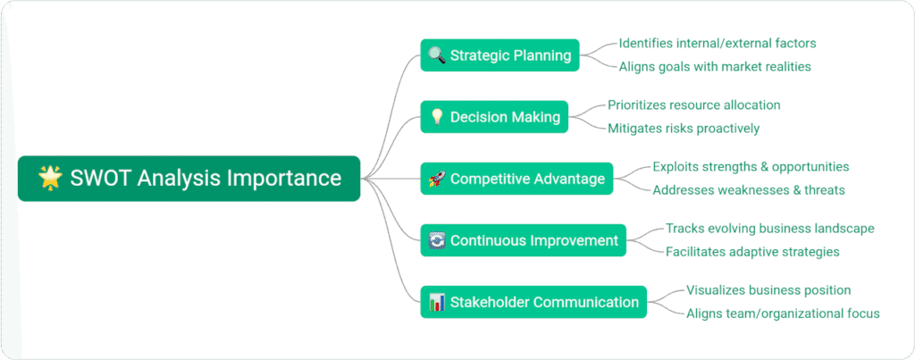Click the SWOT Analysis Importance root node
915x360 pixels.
(x=189, y=178)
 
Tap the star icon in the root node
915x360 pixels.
(x=49, y=178)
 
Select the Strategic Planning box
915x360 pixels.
(x=500, y=55)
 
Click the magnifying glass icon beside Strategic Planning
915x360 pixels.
(x=436, y=55)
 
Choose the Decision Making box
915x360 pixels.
(x=494, y=117)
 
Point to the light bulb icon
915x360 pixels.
(x=436, y=117)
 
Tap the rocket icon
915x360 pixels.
(x=436, y=179)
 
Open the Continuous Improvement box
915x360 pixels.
(x=524, y=240)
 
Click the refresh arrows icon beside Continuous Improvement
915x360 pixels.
(x=436, y=240)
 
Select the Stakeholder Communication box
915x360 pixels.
(x=533, y=302)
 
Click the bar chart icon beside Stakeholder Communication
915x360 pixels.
(x=436, y=302)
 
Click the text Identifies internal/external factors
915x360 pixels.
(x=718, y=43)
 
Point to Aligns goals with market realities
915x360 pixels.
(x=715, y=66)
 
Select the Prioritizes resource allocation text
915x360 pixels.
(x=694, y=105)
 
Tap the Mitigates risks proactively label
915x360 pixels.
(x=684, y=128)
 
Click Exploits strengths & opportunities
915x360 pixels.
(x=751, y=166)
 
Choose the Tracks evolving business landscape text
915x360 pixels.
(x=769, y=228)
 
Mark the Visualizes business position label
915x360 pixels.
(x=768, y=289)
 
